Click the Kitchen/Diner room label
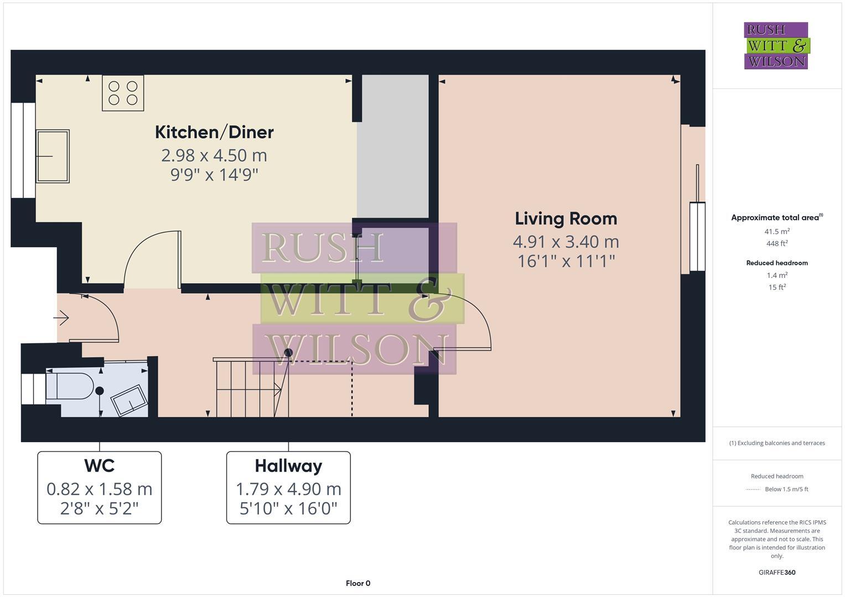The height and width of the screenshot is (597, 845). [214, 132]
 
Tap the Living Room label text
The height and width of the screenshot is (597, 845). [566, 218]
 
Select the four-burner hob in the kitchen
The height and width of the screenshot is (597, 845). [123, 93]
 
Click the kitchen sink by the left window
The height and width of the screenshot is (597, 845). [53, 156]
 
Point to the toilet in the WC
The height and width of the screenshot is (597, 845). [69, 385]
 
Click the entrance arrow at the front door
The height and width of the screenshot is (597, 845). [61, 318]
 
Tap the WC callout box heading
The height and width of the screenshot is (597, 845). [100, 465]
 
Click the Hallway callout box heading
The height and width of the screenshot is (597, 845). [288, 465]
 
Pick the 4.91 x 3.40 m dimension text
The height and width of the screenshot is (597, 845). [566, 242]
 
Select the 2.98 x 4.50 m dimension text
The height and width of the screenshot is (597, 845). [214, 155]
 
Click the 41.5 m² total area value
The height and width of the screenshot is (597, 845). [777, 231]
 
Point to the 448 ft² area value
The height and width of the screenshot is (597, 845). [777, 243]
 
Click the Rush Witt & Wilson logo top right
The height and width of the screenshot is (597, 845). [776, 45]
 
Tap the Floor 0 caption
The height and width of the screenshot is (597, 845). [358, 583]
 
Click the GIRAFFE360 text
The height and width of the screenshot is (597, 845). [777, 572]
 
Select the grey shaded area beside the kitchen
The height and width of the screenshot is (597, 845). [393, 146]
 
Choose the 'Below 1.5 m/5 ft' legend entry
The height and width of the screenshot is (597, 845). [786, 489]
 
